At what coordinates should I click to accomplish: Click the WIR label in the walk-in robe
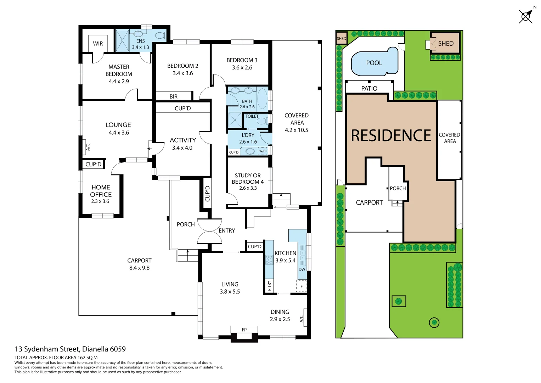[98, 44]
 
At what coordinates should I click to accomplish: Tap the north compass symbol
[526, 16]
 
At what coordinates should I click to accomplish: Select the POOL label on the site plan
[374, 63]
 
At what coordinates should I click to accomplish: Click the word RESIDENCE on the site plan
[391, 136]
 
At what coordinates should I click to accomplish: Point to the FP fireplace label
[244, 330]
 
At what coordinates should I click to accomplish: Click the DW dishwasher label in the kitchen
[302, 270]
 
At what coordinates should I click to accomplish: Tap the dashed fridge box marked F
[301, 286]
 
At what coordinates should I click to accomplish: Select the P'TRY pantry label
[269, 286]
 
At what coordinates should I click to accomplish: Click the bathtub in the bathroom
[262, 99]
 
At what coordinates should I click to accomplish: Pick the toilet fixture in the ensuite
[160, 36]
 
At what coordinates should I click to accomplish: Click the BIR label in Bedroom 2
[173, 96]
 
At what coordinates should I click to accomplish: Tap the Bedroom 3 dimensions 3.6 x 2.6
[242, 68]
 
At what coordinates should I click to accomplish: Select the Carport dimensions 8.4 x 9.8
[139, 268]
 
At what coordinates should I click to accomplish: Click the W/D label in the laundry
[262, 151]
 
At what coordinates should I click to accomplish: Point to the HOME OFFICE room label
[101, 191]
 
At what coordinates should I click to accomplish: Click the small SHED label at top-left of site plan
[342, 39]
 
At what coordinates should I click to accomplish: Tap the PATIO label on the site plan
[369, 89]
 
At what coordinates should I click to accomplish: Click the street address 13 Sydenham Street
[70, 349]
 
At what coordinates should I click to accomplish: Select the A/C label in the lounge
[88, 147]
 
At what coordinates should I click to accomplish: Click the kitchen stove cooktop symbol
[269, 260]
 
